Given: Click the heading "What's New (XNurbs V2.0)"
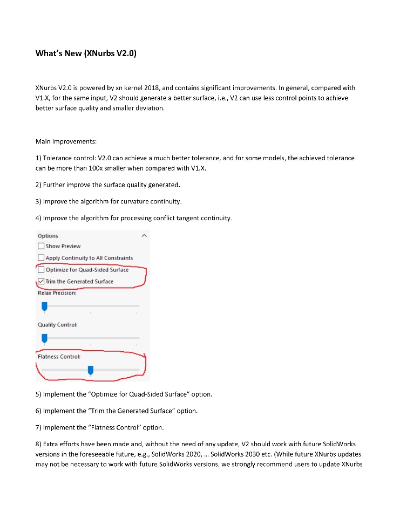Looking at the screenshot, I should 89,53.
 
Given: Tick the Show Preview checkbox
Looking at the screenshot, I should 41,246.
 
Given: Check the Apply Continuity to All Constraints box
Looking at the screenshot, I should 41,258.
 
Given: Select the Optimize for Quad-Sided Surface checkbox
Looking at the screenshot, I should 41,270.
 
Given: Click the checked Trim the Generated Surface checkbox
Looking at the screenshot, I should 41,282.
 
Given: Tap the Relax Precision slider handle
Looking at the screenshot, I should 45,306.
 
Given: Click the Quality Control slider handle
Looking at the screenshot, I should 45,338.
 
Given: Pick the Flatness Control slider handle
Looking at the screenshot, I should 91,370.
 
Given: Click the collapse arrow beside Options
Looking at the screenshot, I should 144,236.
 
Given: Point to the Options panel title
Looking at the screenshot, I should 48,236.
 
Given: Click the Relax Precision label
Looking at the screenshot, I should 57,293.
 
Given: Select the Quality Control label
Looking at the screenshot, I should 57,324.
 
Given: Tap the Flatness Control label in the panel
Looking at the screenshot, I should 59,357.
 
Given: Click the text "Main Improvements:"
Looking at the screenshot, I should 66,141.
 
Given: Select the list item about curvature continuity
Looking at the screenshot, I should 109,201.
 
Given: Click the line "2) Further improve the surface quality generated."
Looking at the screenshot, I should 107,185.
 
